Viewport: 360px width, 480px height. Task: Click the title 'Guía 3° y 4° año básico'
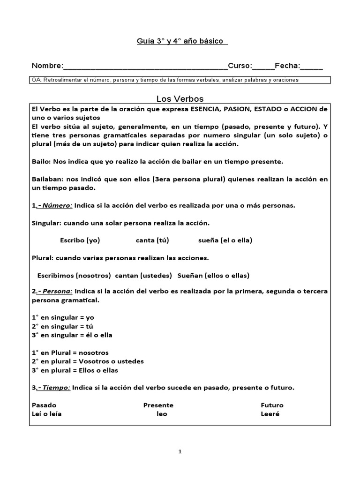pos(180,41)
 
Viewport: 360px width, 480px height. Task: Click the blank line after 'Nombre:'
pos(145,67)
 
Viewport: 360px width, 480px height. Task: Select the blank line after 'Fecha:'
pos(312,67)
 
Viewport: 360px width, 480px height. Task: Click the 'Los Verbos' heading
pos(180,98)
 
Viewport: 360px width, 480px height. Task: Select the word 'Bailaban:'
pos(47,180)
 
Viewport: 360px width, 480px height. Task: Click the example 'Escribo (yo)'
pos(80,240)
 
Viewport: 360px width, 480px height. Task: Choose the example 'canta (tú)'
pos(152,240)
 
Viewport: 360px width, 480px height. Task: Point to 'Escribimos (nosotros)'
pos(74,275)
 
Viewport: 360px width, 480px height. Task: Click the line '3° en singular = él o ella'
pos(72,335)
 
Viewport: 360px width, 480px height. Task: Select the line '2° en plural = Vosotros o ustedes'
pos(88,361)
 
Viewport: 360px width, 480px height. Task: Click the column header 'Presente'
pos(158,405)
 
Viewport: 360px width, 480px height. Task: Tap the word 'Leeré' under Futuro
pos(270,414)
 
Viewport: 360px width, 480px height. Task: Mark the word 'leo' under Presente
pos(162,414)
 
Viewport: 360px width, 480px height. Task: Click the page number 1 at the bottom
pos(180,451)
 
